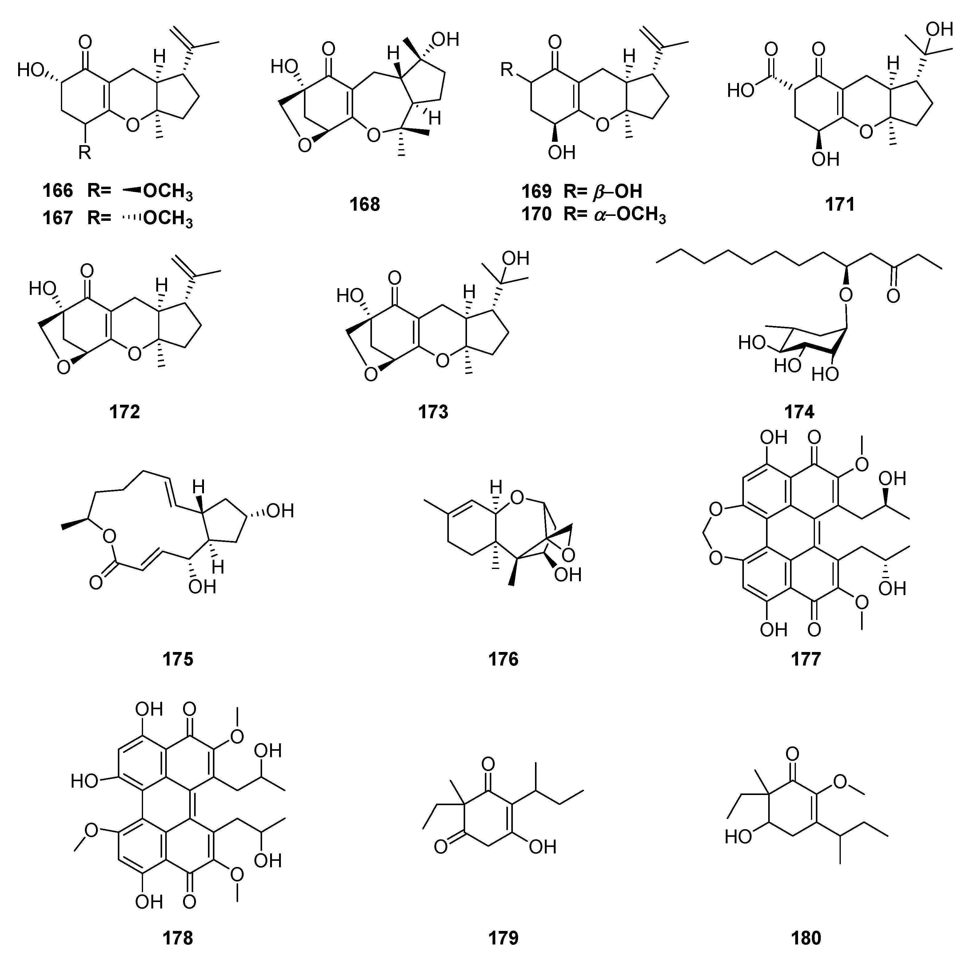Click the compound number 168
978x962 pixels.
click(x=365, y=204)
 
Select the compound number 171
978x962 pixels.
click(x=840, y=204)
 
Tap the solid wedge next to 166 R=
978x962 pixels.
click(x=132, y=190)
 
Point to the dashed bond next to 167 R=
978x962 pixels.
click(x=132, y=218)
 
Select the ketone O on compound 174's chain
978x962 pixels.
click(x=893, y=295)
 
